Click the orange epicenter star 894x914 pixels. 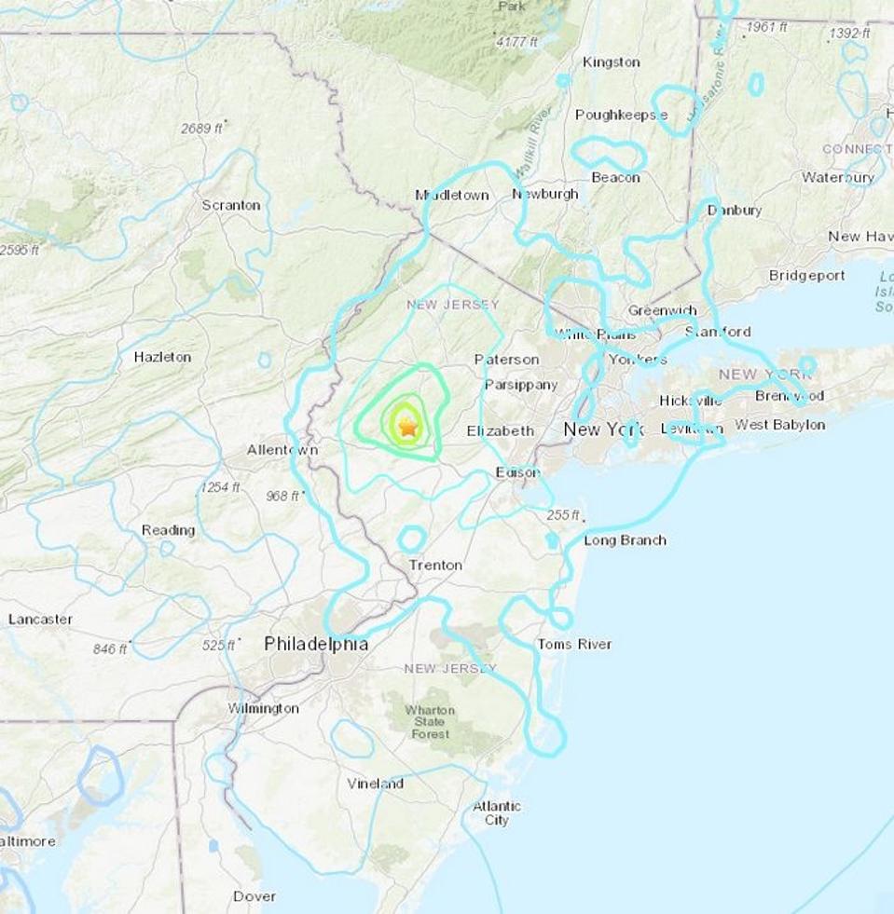(x=407, y=428)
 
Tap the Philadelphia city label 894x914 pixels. (x=316, y=644)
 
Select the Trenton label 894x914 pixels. (x=435, y=566)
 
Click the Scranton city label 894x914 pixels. (x=231, y=204)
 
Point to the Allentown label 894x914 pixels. (x=282, y=450)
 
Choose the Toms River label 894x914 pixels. (x=574, y=645)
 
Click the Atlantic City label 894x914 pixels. (x=497, y=813)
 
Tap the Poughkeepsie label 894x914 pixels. (x=621, y=115)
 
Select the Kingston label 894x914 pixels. (x=611, y=62)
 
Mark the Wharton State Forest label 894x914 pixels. (x=430, y=722)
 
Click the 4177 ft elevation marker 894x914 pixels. (x=517, y=42)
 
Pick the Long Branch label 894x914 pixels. (x=625, y=540)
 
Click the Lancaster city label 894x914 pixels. (x=40, y=619)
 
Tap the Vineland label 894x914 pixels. (x=375, y=784)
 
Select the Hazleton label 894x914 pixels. (x=162, y=357)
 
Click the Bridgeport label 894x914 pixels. (x=806, y=276)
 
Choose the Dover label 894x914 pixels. (x=254, y=896)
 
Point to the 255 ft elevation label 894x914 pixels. (x=563, y=515)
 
